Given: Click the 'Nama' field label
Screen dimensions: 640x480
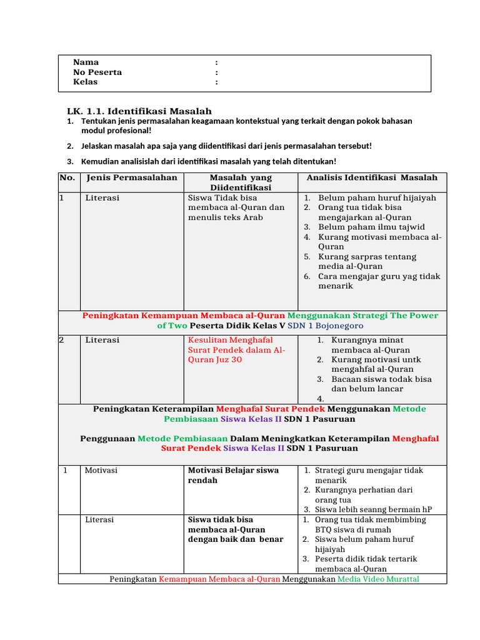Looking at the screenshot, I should (x=86, y=62).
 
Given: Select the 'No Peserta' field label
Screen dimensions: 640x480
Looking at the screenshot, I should (x=97, y=72).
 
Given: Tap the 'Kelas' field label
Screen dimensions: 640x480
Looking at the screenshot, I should (x=86, y=82).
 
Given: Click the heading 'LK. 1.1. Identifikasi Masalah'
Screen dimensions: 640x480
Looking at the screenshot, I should (x=139, y=111).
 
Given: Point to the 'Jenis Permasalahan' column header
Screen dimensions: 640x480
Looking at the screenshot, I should (x=131, y=177).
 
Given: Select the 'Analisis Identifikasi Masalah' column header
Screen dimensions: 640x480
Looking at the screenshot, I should (x=372, y=177).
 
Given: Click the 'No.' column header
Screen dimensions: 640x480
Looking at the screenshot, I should (x=67, y=177).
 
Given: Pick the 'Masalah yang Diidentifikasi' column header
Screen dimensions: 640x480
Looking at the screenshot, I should (x=241, y=182).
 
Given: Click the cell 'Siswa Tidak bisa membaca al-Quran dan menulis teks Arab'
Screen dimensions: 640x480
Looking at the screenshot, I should (x=236, y=207).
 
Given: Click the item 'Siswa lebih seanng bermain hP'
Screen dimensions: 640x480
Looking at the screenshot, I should (x=373, y=509).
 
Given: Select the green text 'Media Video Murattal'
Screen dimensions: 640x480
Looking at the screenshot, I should (x=378, y=579).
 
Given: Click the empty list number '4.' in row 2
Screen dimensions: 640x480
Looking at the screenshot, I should (x=320, y=399).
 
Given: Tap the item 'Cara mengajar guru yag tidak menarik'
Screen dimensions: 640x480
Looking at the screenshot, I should (x=379, y=281).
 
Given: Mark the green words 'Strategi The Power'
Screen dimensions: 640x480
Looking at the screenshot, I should (x=395, y=316).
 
